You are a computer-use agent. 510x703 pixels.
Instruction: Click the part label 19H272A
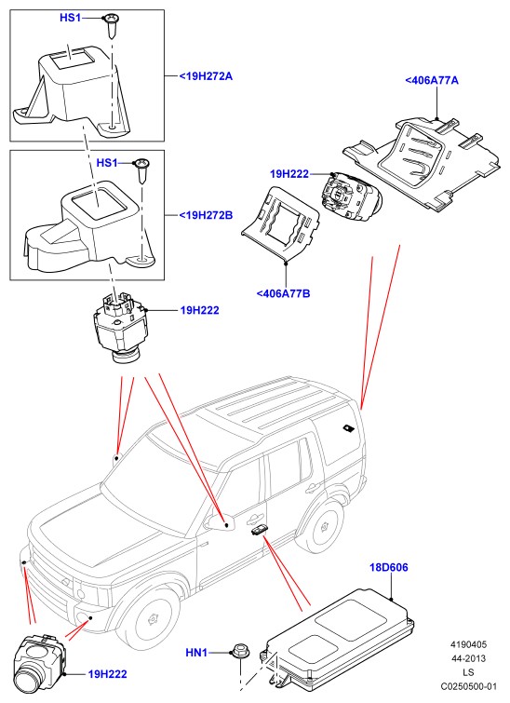[x=207, y=76]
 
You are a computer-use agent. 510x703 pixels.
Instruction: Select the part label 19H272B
[x=207, y=215]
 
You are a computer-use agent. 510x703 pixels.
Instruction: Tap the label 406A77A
[x=432, y=81]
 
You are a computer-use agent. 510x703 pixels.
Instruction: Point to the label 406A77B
[x=283, y=293]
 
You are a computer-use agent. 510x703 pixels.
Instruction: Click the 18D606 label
[x=389, y=568]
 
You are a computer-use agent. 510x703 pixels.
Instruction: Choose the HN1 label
[x=196, y=653]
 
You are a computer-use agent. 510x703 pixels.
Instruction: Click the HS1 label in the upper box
[x=71, y=18]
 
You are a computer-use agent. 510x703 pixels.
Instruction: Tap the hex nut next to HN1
[x=241, y=653]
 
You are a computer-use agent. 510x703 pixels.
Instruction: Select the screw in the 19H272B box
[x=142, y=170]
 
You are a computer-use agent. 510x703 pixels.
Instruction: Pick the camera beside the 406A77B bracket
[x=351, y=197]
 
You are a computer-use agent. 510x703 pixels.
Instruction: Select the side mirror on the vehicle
[x=220, y=521]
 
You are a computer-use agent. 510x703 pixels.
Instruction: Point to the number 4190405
[x=468, y=644]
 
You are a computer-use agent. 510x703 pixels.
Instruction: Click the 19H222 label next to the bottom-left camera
[x=107, y=674]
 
